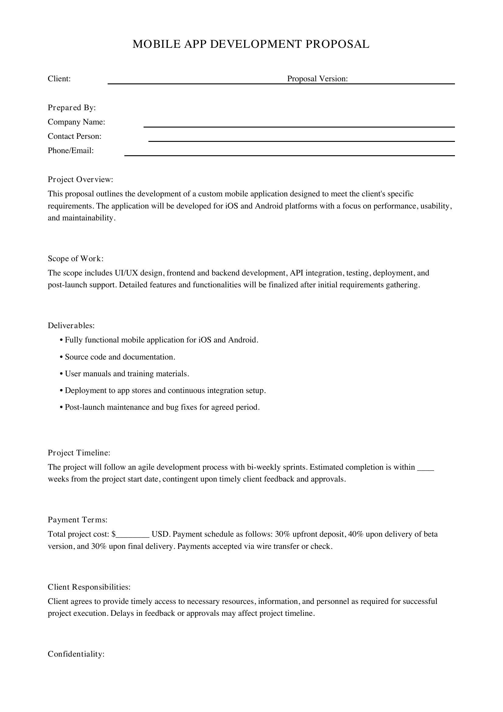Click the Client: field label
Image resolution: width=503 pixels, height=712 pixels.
tap(59, 79)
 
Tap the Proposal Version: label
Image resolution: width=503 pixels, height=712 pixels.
tap(317, 79)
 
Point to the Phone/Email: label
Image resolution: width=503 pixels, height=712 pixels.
tap(71, 151)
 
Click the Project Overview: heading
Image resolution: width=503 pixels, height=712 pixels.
tap(80, 180)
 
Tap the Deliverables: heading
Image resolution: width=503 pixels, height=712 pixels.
tap(71, 326)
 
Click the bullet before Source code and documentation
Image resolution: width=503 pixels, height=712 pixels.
tap(61, 357)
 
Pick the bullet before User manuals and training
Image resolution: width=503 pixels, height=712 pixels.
tap(61, 374)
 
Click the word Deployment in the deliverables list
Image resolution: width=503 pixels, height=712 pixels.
tap(85, 391)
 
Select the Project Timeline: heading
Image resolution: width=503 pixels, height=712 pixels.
tap(79, 453)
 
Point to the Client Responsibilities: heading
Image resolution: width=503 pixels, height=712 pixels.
tap(89, 587)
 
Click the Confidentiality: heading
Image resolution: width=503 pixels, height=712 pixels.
tap(76, 654)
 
